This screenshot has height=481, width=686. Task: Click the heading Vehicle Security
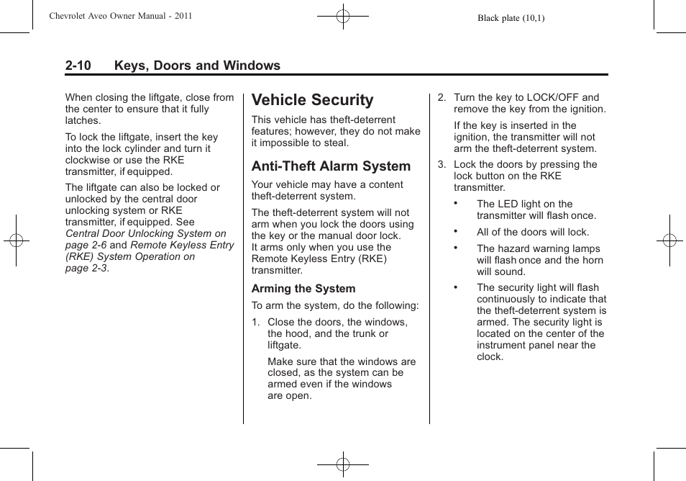pos(312,100)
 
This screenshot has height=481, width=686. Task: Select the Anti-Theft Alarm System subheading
pos(331,166)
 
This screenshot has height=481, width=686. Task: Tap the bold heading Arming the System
pos(303,289)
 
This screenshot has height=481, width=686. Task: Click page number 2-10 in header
pos(78,66)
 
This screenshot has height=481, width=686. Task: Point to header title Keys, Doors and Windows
pos(196,66)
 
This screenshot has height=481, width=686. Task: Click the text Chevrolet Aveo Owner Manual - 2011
pos(120,15)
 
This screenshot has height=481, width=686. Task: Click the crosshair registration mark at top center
pos(343,15)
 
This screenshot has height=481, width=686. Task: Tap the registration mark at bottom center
pos(343,464)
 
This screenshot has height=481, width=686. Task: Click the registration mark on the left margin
pos(17,240)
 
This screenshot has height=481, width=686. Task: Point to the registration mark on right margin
pos(669,240)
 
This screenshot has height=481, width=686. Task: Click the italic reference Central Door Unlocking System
pos(145,233)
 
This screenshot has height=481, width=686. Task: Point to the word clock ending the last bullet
pos(490,357)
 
